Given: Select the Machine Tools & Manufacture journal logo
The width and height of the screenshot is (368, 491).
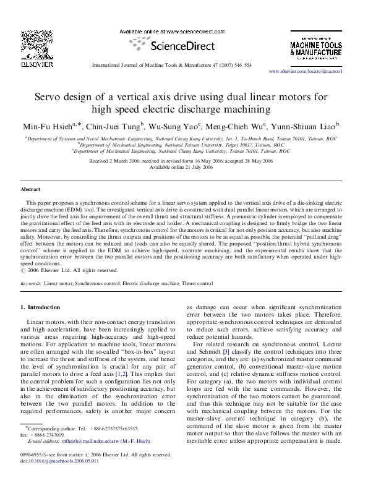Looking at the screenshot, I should (314, 45).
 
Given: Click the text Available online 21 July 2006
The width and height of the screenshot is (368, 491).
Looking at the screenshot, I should (184, 168).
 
